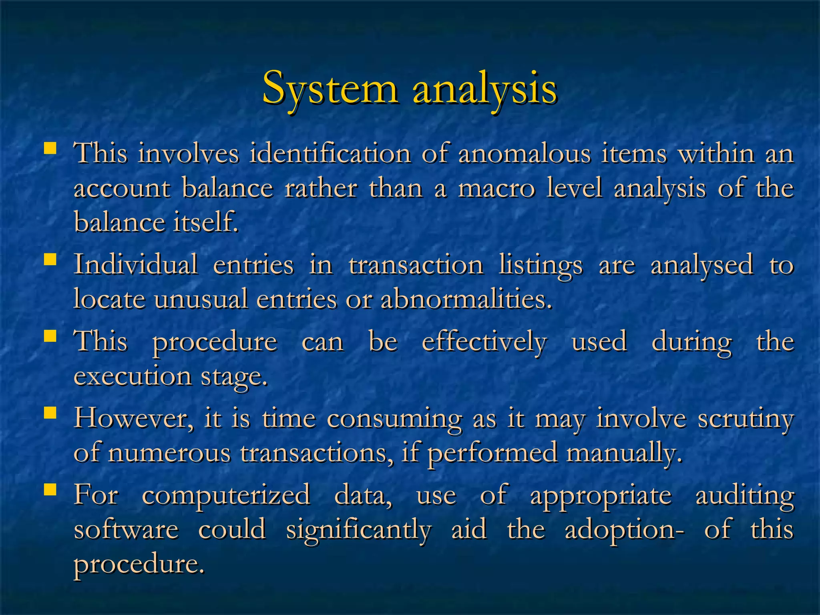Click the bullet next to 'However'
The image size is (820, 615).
point(50,412)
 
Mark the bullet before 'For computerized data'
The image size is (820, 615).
point(50,489)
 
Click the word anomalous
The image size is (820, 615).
point(525,153)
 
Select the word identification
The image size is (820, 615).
point(330,153)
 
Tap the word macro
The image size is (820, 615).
point(496,188)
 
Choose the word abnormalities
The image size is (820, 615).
point(466,299)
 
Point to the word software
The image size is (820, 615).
point(126,530)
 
